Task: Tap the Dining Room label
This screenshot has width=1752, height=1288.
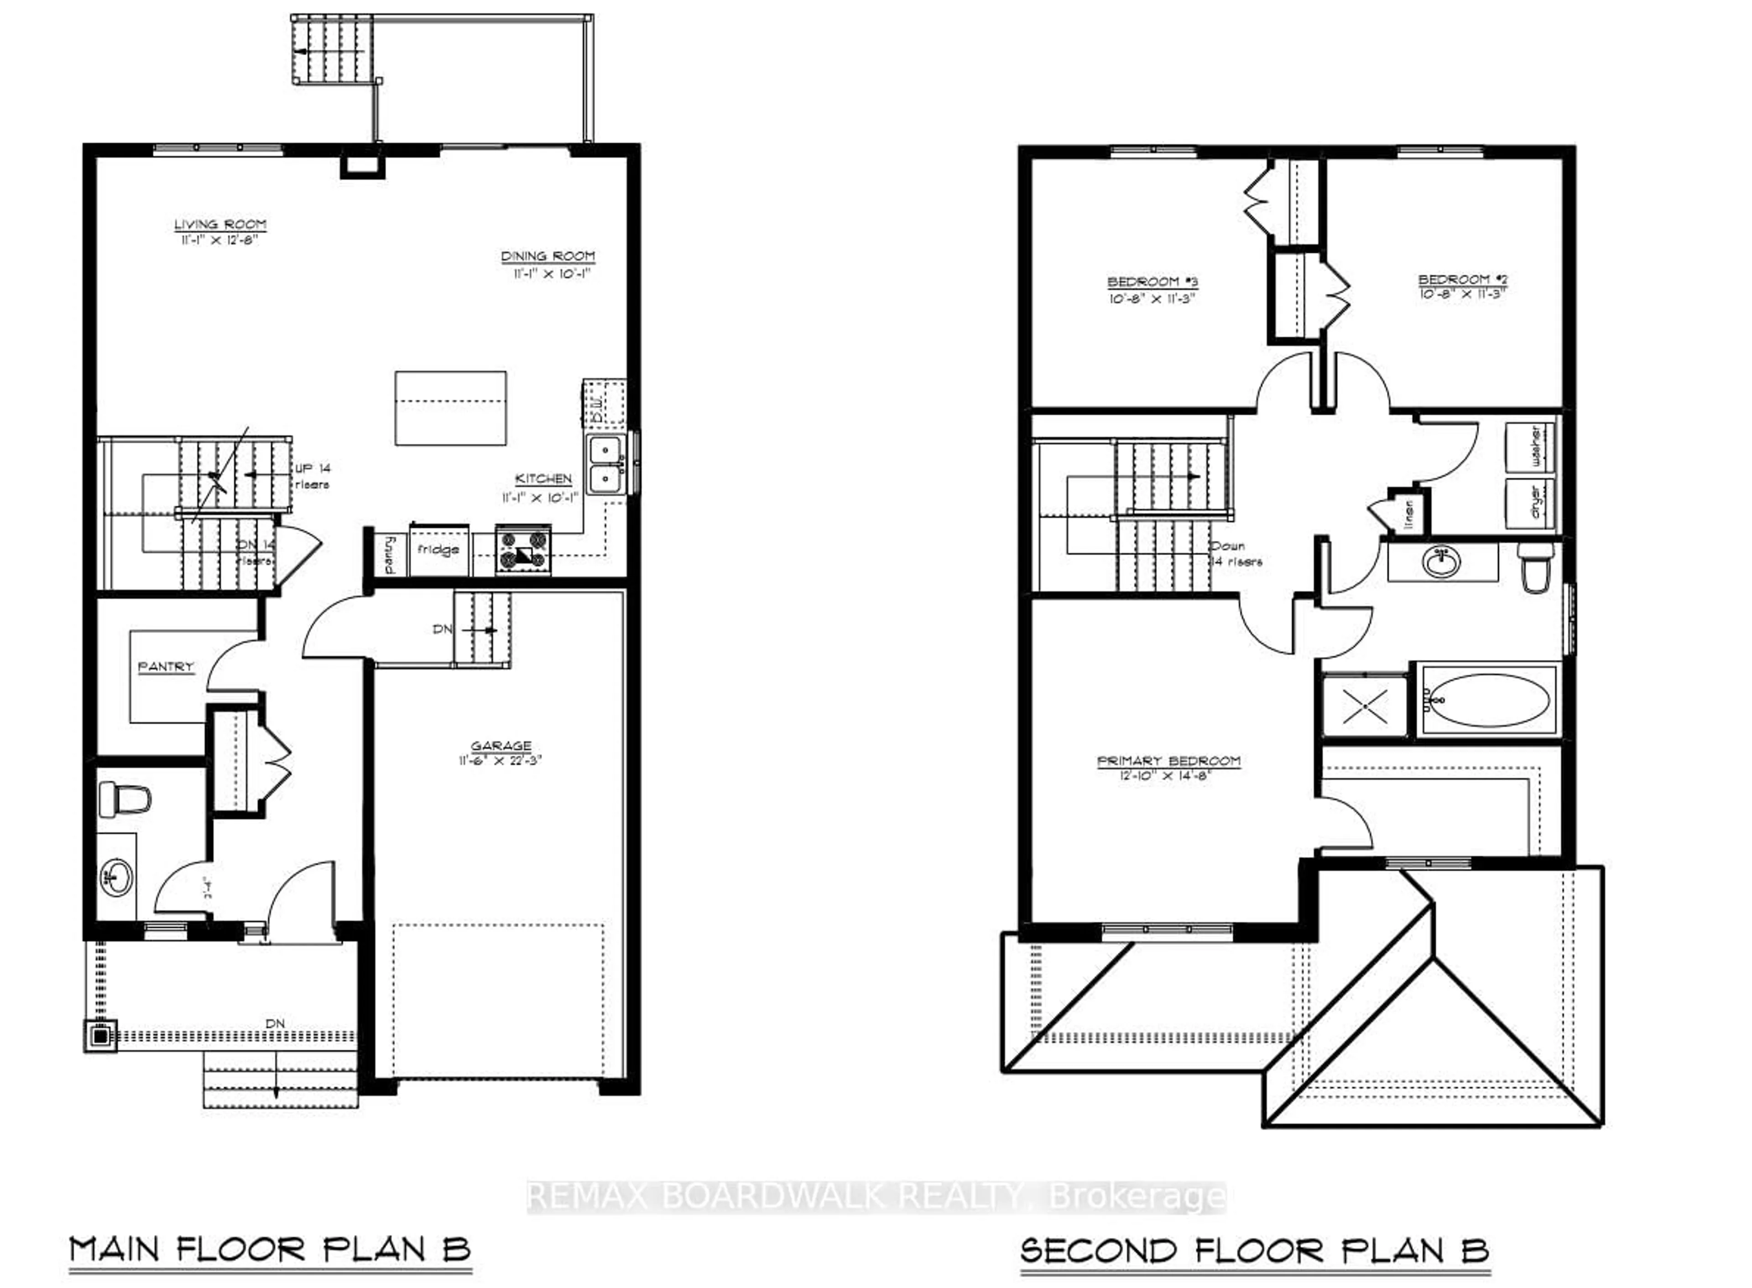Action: (x=547, y=256)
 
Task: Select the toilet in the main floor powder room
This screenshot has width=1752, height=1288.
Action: (x=125, y=798)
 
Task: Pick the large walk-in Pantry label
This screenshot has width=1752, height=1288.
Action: (x=165, y=667)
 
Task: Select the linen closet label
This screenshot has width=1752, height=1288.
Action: (x=1408, y=513)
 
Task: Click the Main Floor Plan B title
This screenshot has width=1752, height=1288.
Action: (x=270, y=1249)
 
